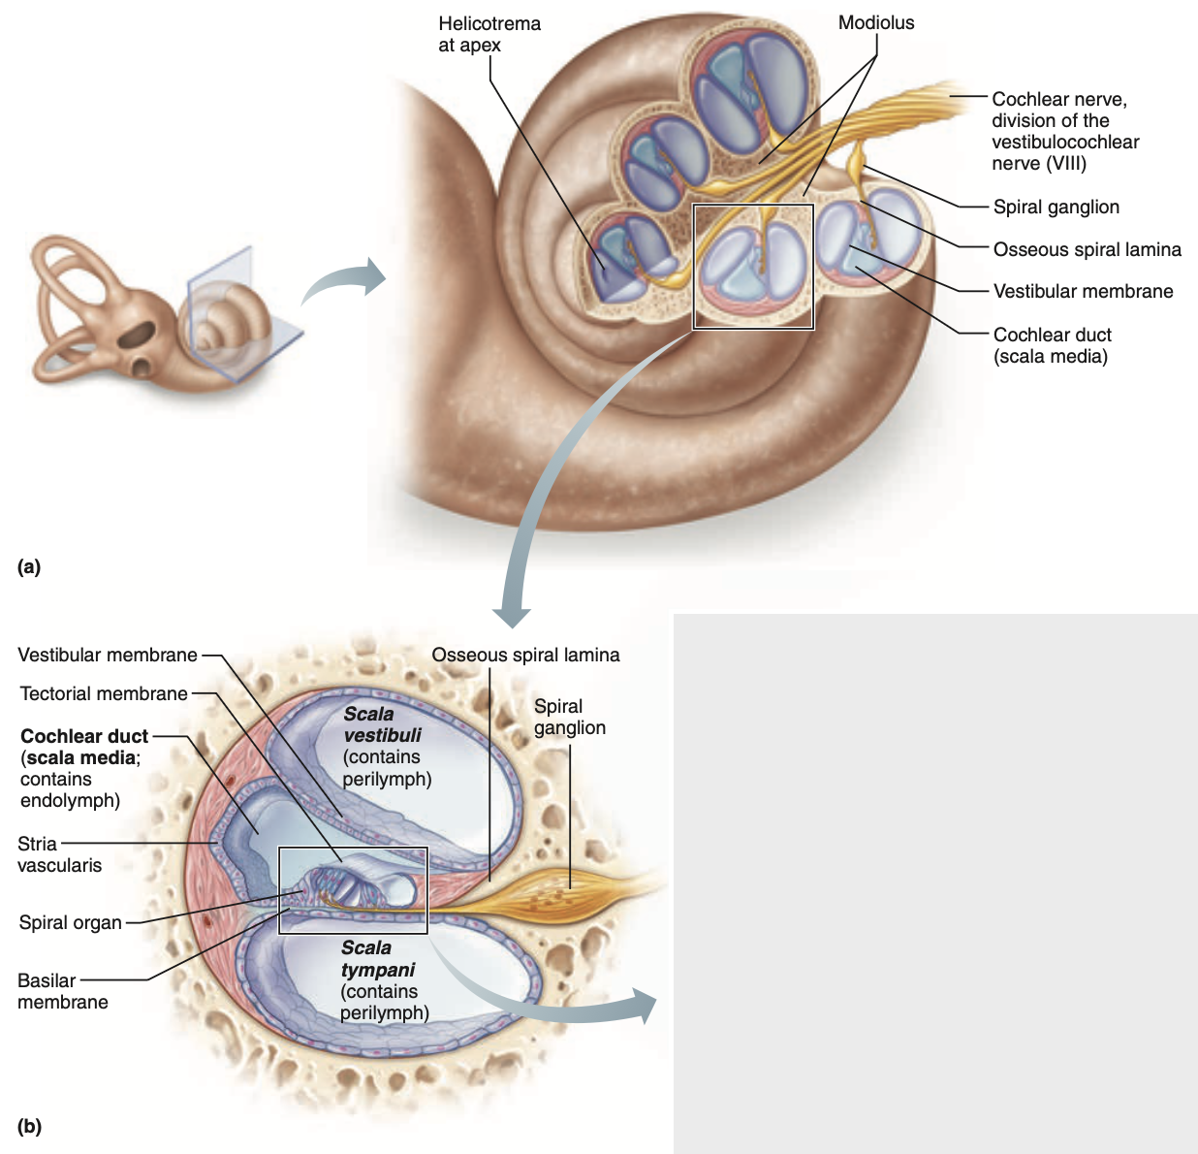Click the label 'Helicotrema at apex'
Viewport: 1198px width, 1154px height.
tap(489, 34)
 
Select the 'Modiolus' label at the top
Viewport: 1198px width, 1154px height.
tap(875, 22)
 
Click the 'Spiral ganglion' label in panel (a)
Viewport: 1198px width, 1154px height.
tap(1056, 207)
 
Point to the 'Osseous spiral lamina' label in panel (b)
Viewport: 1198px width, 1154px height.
tap(525, 655)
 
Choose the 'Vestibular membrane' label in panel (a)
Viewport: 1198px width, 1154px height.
tap(1083, 291)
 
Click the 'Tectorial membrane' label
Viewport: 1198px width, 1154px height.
tap(104, 693)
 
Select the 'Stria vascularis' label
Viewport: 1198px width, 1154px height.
tap(59, 854)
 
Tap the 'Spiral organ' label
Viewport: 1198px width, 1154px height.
tap(71, 922)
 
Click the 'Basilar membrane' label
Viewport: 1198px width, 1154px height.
tap(62, 991)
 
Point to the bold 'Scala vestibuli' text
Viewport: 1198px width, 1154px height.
tap(382, 724)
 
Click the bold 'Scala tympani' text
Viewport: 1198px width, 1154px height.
tap(377, 958)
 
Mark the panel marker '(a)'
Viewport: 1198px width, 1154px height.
tap(29, 566)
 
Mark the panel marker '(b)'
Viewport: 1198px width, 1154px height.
tap(29, 1126)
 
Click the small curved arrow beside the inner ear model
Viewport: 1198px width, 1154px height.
tap(344, 281)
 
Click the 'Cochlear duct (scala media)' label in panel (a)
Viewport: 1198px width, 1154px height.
tap(1051, 345)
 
